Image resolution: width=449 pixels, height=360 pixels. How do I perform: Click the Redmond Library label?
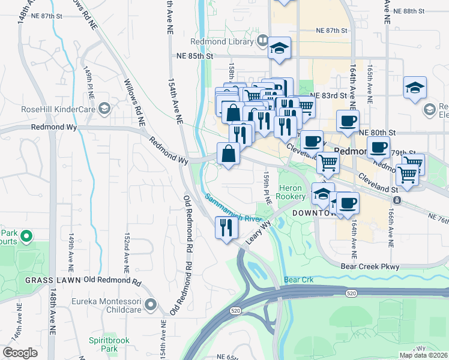(x=223, y=41)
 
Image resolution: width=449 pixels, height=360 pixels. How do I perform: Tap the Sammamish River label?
(x=232, y=208)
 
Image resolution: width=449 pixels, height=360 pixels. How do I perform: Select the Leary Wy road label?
(x=258, y=232)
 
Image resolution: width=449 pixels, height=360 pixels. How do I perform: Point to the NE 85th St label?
(x=195, y=56)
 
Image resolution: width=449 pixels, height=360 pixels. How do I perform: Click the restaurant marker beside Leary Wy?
(x=226, y=227)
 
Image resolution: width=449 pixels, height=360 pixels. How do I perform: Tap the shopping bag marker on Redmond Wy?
(x=229, y=154)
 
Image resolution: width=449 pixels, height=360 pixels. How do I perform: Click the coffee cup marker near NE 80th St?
(x=348, y=121)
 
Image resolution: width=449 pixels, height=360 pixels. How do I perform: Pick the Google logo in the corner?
(x=20, y=353)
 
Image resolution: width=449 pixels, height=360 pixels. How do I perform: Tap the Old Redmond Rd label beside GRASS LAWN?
(x=113, y=280)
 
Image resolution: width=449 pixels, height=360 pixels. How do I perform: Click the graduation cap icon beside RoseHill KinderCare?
(x=105, y=109)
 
